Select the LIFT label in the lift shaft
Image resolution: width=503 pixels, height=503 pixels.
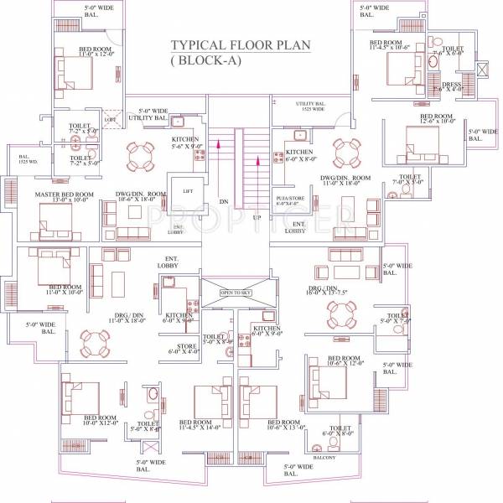(188, 191)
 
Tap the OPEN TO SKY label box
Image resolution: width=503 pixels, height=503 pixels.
(237, 293)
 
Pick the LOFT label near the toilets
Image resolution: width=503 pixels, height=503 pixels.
(110, 120)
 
